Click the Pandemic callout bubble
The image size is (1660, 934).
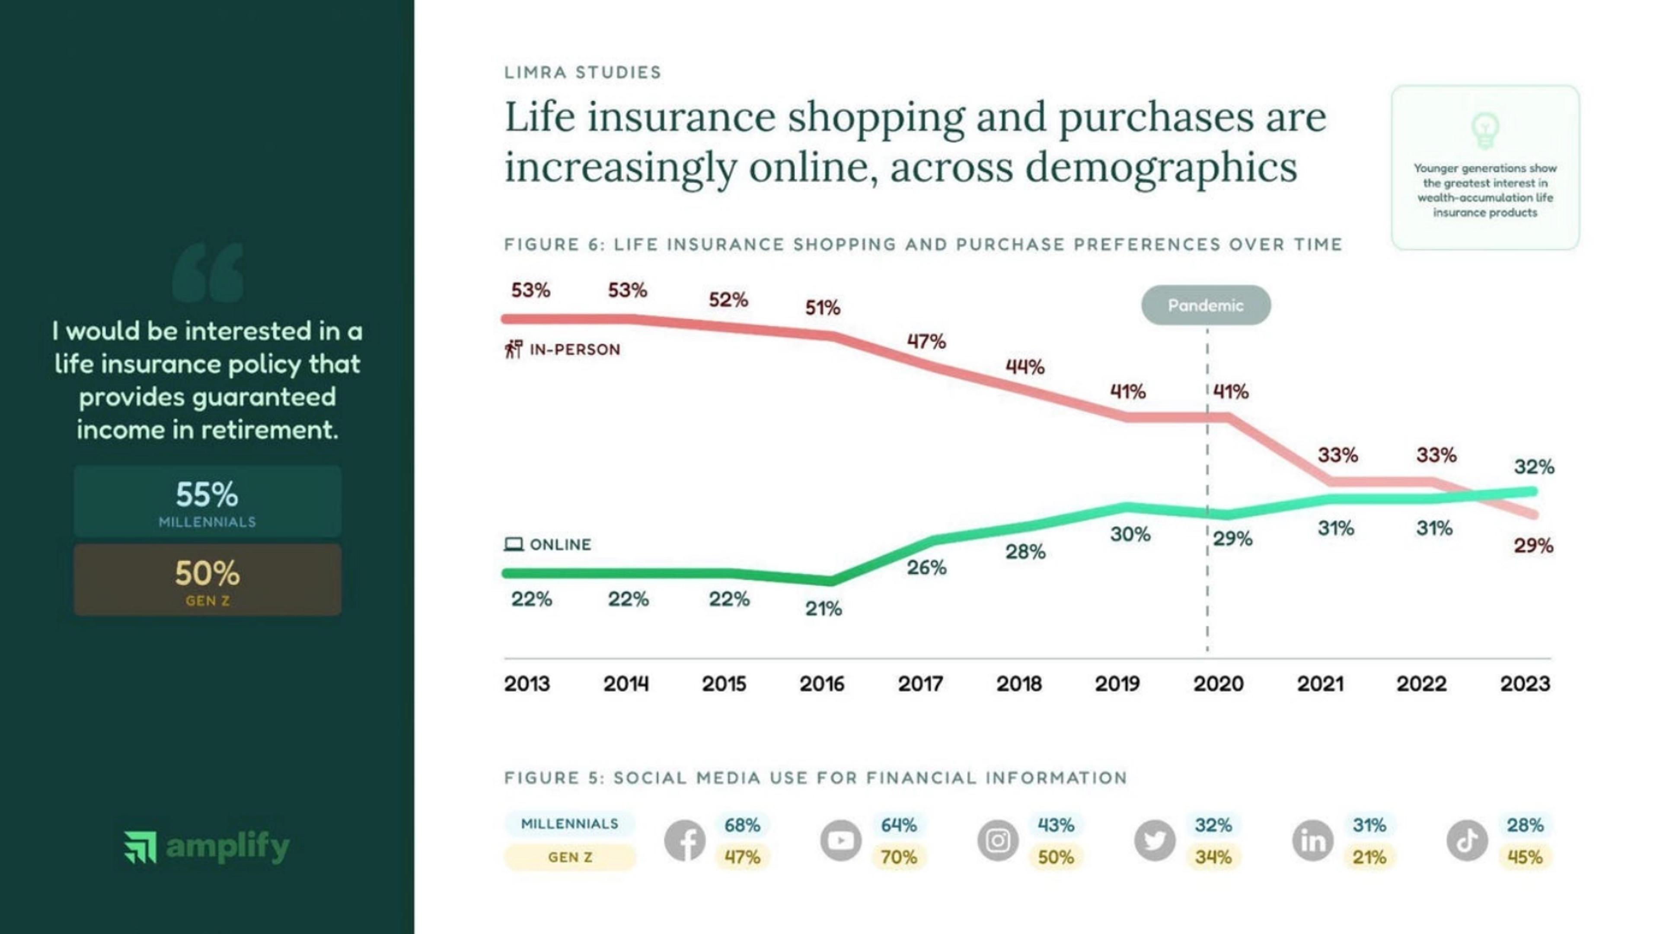click(x=1206, y=305)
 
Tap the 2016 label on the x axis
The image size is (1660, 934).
click(x=822, y=683)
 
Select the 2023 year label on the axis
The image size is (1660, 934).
click(x=1525, y=683)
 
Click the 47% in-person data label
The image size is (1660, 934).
click(x=926, y=341)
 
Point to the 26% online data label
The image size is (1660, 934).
click(x=926, y=568)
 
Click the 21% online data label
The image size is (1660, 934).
click(x=823, y=609)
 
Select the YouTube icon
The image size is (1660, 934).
click(x=840, y=841)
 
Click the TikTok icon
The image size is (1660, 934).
click(x=1467, y=841)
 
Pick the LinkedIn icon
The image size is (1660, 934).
click(x=1312, y=841)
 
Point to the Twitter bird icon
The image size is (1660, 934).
click(x=1154, y=841)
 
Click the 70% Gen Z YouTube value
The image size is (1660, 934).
click(x=898, y=858)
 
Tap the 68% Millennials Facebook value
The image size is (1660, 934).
click(x=742, y=825)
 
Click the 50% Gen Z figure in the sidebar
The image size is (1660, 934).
click(x=207, y=573)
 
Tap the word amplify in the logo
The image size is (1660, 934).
click(x=228, y=846)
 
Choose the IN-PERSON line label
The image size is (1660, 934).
click(x=574, y=350)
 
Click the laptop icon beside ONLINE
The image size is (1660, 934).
click(x=513, y=544)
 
